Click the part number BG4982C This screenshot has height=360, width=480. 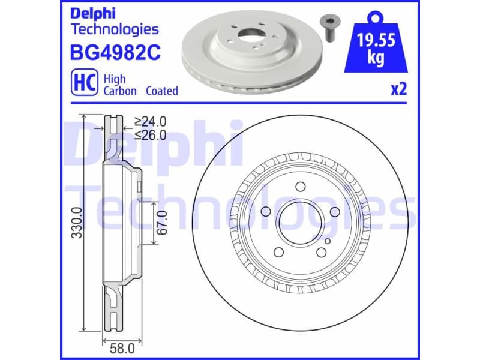point(116,53)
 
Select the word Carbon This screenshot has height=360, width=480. point(120,91)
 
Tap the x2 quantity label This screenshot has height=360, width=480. point(399,90)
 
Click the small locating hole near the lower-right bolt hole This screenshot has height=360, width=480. point(328,241)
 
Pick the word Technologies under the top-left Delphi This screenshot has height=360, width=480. point(115,28)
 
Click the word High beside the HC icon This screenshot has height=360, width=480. point(114,79)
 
